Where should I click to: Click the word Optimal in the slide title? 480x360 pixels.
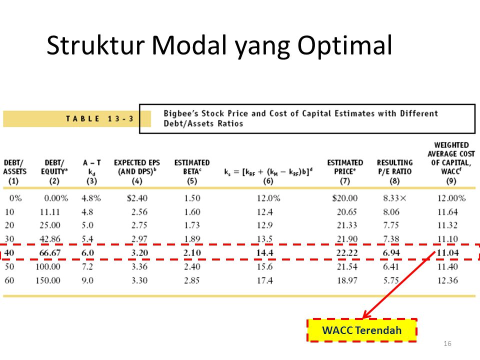pyautogui.click(x=344, y=46)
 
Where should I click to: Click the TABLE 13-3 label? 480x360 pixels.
pyautogui.click(x=100, y=119)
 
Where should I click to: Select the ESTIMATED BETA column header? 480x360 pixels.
pyautogui.click(x=192, y=171)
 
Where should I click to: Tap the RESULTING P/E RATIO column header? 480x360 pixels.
pyautogui.click(x=394, y=171)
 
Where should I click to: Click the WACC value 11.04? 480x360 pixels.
pyautogui.click(x=448, y=253)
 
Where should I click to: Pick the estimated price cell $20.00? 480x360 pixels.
pyautogui.click(x=344, y=198)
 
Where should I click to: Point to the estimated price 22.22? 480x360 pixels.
pyautogui.click(x=347, y=253)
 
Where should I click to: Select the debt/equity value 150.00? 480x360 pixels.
pyautogui.click(x=48, y=280)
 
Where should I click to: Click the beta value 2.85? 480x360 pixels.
pyautogui.click(x=192, y=280)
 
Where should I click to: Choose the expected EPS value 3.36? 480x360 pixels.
pyautogui.click(x=139, y=266)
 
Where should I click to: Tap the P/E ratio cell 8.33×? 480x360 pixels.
pyautogui.click(x=394, y=198)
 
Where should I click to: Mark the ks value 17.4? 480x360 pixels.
pyautogui.click(x=265, y=280)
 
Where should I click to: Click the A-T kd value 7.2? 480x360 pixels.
pyautogui.click(x=87, y=266)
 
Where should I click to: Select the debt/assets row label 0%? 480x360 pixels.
pyautogui.click(x=15, y=198)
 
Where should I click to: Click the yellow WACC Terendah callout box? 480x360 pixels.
pyautogui.click(x=362, y=330)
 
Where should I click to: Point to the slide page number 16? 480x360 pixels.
pyautogui.click(x=447, y=343)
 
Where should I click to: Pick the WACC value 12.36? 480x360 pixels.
pyautogui.click(x=447, y=280)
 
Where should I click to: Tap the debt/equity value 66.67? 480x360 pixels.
pyautogui.click(x=50, y=253)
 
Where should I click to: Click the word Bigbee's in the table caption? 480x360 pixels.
pyautogui.click(x=181, y=113)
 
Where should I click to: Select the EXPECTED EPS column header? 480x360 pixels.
pyautogui.click(x=137, y=171)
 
